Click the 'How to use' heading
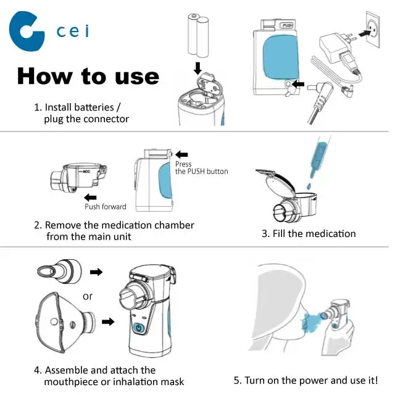pos(88,76)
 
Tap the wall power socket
pos(373,29)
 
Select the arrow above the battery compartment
pos(198,69)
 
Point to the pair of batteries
pos(198,35)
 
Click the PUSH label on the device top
pos(287,25)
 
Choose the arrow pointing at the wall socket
pos(364,33)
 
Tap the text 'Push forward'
pos(106,207)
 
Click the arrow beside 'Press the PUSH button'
pos(181,154)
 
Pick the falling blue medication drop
pos(309,186)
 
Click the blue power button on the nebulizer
pos(139,328)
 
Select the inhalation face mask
pos(65,322)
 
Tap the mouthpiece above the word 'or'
pos(59,271)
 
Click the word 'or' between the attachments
pos(88,296)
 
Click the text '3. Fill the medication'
pos(309,233)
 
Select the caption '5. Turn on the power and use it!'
pos(306,380)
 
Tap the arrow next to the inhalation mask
pos(108,322)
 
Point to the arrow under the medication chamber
pos(91,197)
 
